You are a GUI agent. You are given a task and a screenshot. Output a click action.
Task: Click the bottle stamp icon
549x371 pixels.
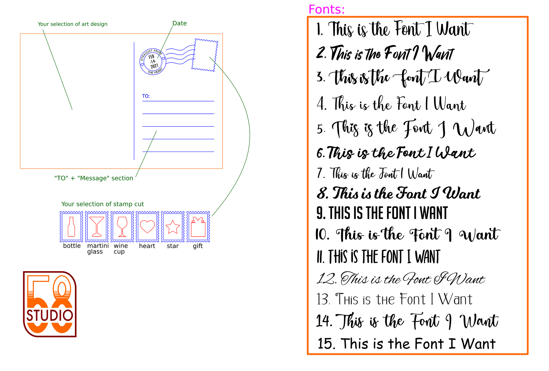coord(71,227)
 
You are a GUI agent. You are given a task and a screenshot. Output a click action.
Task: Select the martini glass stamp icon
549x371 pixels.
coord(97,227)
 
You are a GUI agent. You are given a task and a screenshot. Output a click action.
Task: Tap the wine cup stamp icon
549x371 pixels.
coord(122,227)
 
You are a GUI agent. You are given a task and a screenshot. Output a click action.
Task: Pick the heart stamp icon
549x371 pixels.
coord(147,227)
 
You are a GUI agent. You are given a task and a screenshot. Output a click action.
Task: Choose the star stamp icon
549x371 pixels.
coord(173,227)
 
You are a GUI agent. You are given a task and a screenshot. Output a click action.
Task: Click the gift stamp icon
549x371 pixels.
coord(198,227)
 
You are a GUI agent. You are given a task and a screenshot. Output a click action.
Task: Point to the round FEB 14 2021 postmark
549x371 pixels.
coord(153,61)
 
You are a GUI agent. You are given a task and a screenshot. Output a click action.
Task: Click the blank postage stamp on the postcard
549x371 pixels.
coord(205,55)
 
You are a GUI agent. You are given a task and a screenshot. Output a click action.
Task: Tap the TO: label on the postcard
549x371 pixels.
coord(146,96)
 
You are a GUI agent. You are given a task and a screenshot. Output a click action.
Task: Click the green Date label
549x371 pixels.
coord(180,23)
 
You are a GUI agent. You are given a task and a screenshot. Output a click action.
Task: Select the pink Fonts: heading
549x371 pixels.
coord(327,10)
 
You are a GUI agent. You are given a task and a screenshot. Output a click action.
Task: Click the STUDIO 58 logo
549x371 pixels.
coord(50,304)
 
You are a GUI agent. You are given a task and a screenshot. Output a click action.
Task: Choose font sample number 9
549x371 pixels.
coord(382,213)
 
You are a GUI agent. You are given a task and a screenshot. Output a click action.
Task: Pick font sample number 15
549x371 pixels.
coord(407,344)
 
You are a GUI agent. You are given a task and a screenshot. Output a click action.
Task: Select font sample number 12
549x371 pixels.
coord(401,279)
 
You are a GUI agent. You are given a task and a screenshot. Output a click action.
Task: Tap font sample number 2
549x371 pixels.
coord(385,53)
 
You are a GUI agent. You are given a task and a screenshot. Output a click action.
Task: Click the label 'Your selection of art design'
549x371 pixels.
coord(73,24)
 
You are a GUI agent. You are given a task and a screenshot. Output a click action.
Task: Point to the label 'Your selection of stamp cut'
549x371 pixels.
coord(103,204)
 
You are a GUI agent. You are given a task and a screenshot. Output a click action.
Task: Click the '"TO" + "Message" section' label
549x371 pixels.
coord(94,178)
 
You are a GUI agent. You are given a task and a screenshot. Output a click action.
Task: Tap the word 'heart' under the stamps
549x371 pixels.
coord(147,246)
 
